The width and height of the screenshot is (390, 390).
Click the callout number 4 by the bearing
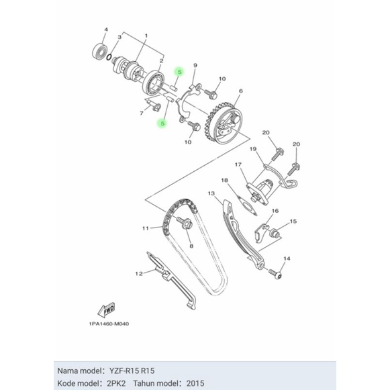(x=105, y=30)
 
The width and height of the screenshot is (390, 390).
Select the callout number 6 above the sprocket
(x=240, y=91)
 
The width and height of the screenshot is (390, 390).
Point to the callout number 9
(x=195, y=65)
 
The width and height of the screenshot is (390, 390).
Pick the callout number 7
(x=142, y=114)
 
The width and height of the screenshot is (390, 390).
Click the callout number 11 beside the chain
(x=145, y=228)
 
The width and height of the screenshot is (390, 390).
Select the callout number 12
(x=140, y=273)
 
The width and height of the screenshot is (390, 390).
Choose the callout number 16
(x=275, y=211)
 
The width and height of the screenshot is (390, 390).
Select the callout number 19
(x=253, y=148)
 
